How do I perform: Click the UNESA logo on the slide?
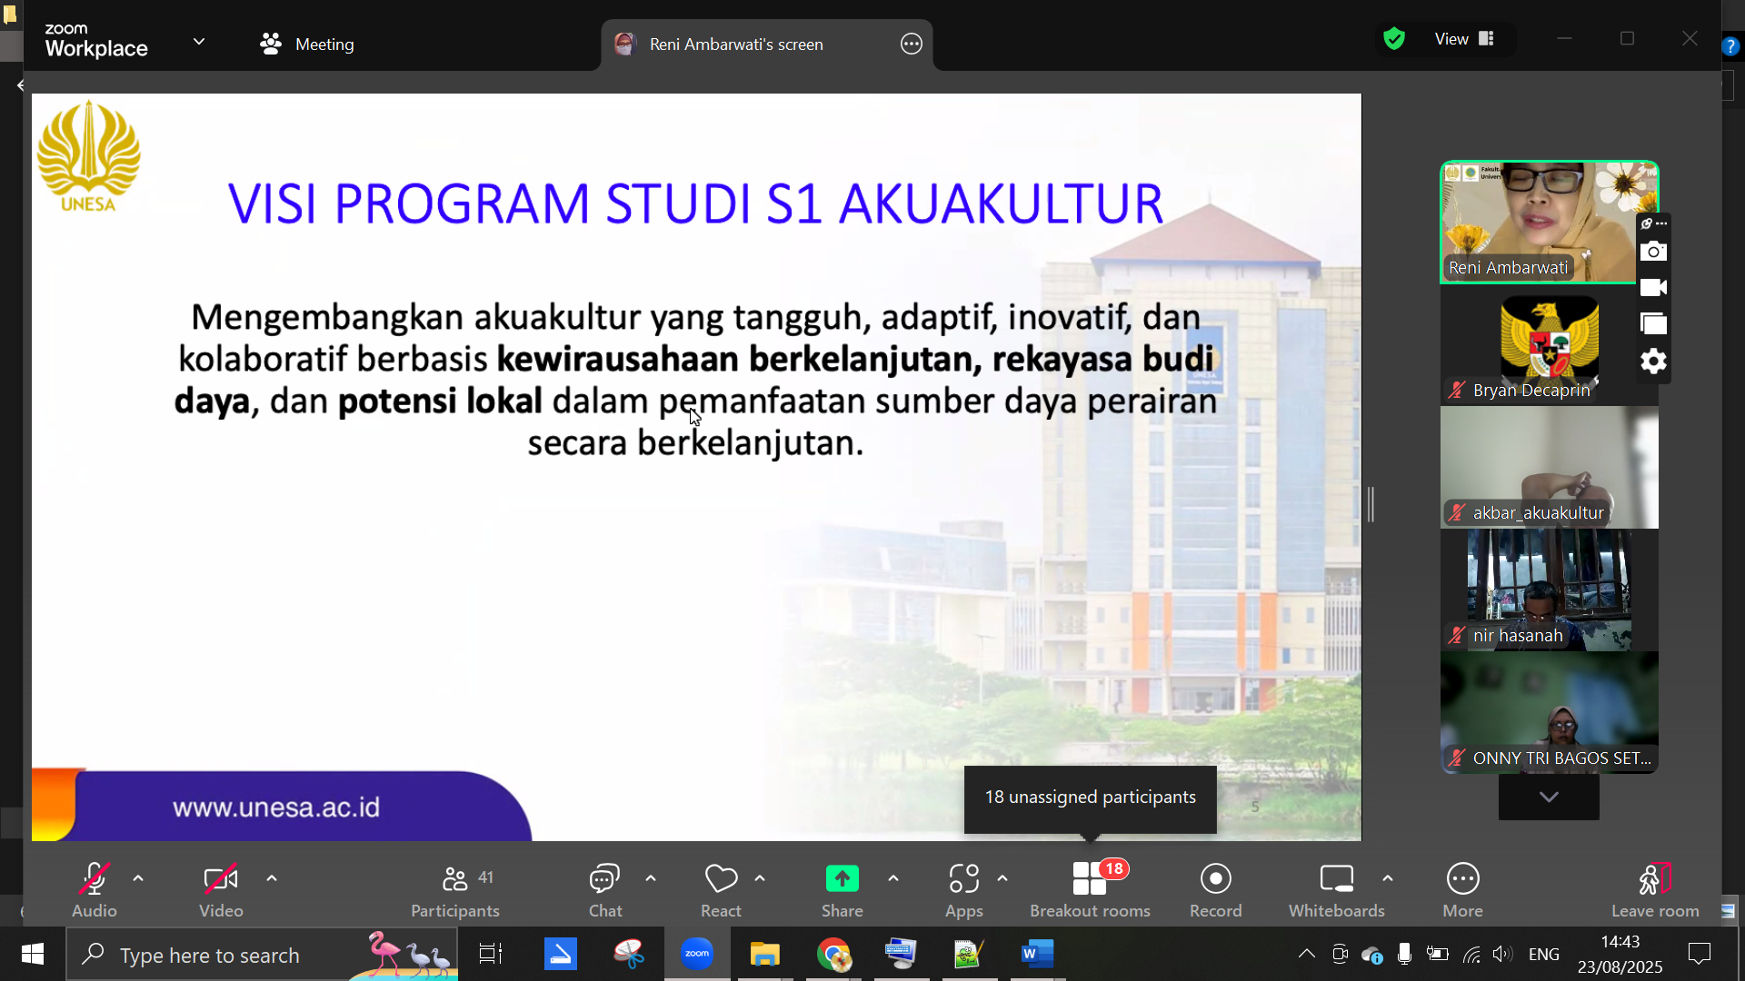click(88, 156)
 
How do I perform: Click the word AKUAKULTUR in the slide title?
click(1001, 203)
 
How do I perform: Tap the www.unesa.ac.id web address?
click(276, 808)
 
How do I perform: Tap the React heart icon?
click(721, 878)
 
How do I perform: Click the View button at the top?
click(1464, 39)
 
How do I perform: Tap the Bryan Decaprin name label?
click(1531, 391)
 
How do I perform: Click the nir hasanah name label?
click(1518, 636)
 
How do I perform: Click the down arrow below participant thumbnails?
click(1549, 797)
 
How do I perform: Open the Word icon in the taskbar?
click(1037, 954)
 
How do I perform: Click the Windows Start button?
click(33, 954)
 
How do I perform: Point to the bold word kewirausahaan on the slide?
click(617, 360)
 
